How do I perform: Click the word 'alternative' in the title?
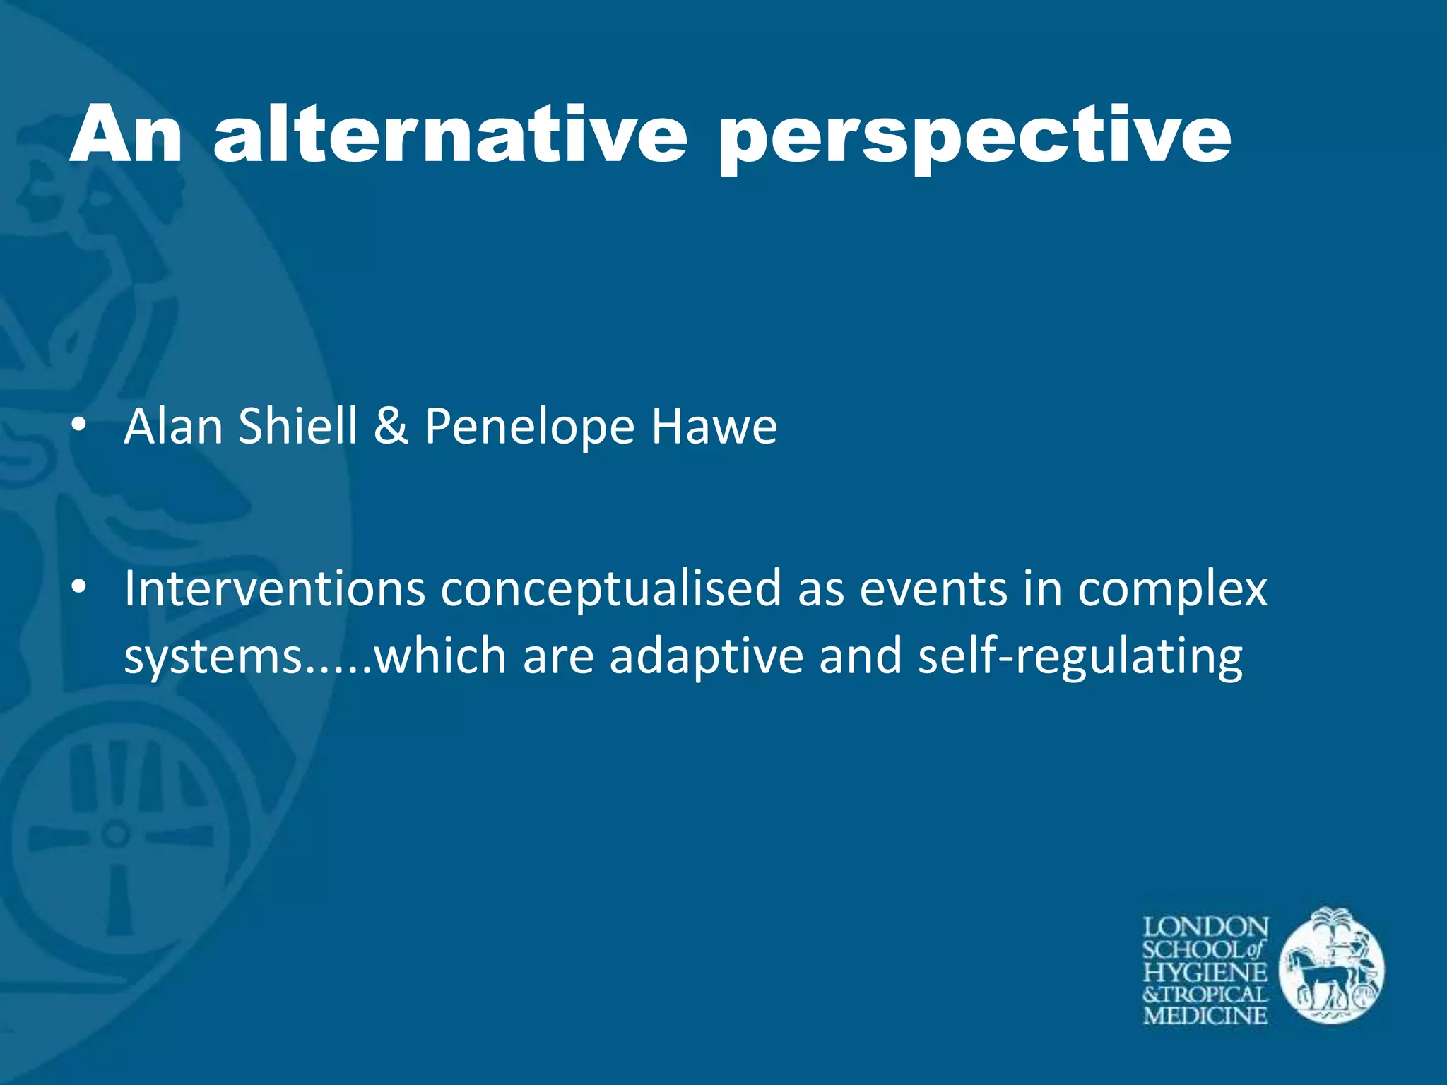(x=450, y=134)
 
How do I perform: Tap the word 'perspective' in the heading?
(x=975, y=138)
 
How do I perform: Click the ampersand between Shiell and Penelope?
(x=391, y=427)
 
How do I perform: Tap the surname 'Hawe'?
(x=714, y=427)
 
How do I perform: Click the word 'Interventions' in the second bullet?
(x=274, y=588)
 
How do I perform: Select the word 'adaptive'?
(x=706, y=656)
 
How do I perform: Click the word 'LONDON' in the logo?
(x=1205, y=927)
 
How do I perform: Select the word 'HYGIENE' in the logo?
(x=1205, y=972)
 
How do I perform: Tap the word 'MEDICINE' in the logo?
(x=1205, y=1016)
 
